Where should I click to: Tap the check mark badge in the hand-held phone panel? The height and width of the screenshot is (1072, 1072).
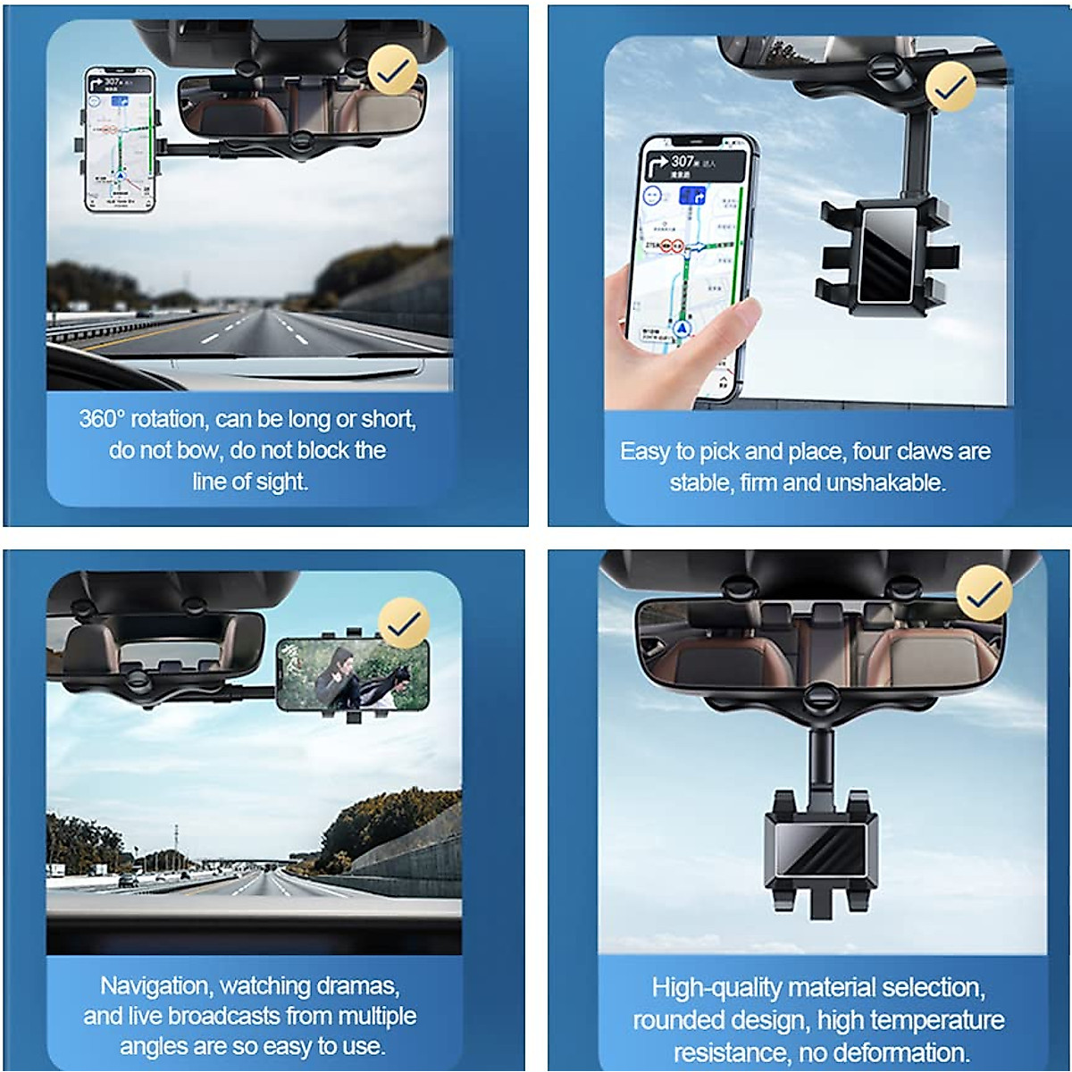coord(951,87)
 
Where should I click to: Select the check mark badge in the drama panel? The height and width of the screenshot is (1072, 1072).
coord(404,623)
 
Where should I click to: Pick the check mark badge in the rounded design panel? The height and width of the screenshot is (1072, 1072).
coord(984,593)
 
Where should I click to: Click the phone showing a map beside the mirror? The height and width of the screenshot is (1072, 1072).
coord(120,140)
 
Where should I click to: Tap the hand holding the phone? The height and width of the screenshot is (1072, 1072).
coord(679,335)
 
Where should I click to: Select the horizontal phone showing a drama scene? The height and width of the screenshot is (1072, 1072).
coord(352,674)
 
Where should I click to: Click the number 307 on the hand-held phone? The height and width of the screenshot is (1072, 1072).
coord(683,161)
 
